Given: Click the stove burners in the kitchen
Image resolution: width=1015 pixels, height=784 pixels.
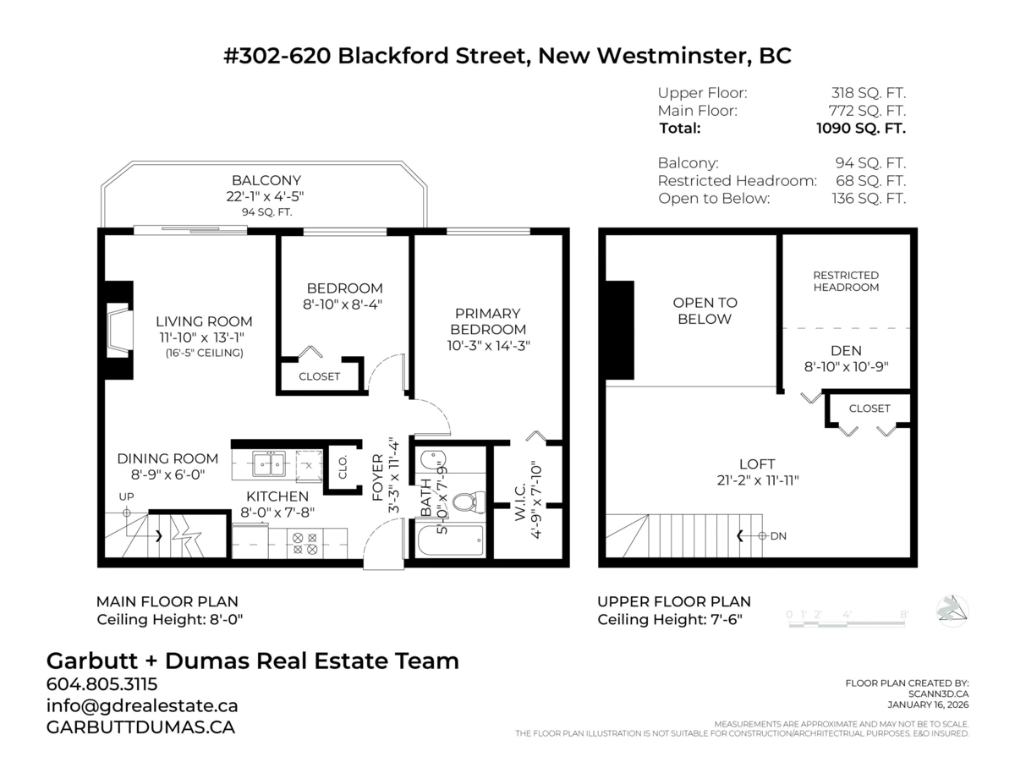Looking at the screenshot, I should point(302,542).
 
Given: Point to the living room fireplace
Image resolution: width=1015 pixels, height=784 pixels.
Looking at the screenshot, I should point(118,330).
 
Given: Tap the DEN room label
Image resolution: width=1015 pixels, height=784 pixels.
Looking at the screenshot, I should point(846,350).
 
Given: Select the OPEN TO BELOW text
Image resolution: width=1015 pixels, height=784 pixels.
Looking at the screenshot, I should point(705,310).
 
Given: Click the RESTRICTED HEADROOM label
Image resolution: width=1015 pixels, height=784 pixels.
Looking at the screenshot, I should point(846,281).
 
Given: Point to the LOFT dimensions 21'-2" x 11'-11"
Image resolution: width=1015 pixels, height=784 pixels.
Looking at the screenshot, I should point(756,480).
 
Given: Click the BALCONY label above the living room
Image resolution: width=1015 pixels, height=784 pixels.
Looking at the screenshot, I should point(266,180).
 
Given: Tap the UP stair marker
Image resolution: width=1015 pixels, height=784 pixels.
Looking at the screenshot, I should point(126,497).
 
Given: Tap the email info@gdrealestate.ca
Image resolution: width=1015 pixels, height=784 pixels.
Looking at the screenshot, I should point(141,705).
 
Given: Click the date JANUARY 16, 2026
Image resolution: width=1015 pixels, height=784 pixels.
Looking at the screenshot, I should point(928,705).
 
